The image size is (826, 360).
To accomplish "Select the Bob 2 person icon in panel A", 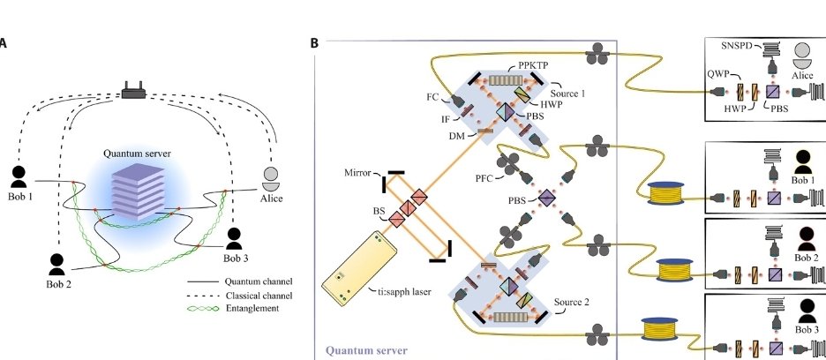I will coord(57,263).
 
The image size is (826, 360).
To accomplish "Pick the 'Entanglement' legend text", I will coord(252,308).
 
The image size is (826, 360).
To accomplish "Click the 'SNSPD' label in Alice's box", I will coord(736,44).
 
